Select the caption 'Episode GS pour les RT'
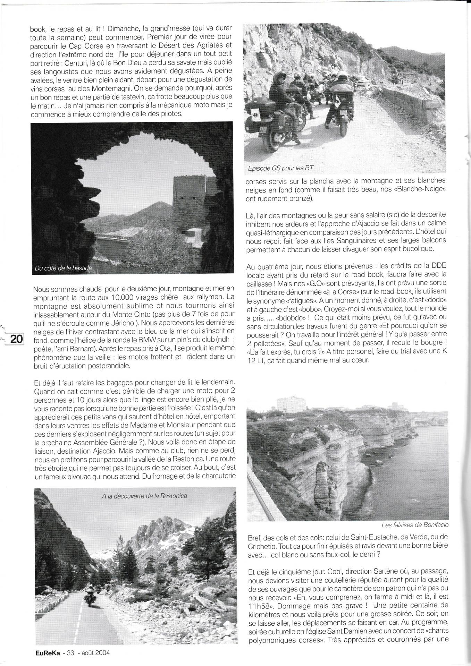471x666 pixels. (281, 168)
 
